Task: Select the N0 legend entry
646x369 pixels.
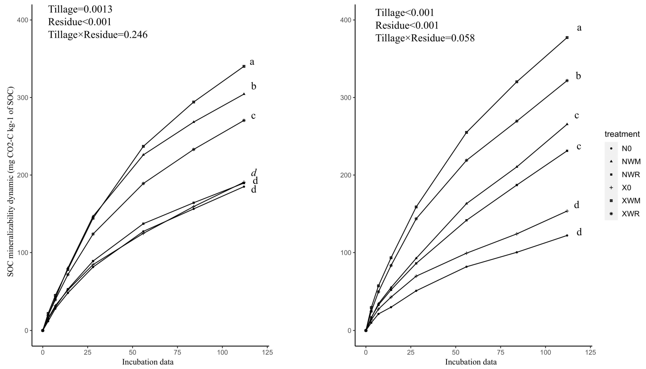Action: click(626, 149)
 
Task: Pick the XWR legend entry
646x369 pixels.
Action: click(631, 214)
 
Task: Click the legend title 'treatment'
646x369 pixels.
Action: click(622, 134)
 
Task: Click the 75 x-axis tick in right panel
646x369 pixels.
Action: click(500, 353)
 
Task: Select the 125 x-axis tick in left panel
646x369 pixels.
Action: click(267, 353)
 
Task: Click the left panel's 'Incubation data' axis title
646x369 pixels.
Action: click(148, 362)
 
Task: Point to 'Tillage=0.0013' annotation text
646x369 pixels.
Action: click(80, 9)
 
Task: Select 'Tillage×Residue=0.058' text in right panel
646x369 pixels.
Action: click(425, 38)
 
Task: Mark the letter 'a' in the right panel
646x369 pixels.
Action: click(579, 28)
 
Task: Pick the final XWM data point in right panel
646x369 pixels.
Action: click(567, 37)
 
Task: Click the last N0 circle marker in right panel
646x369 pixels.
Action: click(567, 235)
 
